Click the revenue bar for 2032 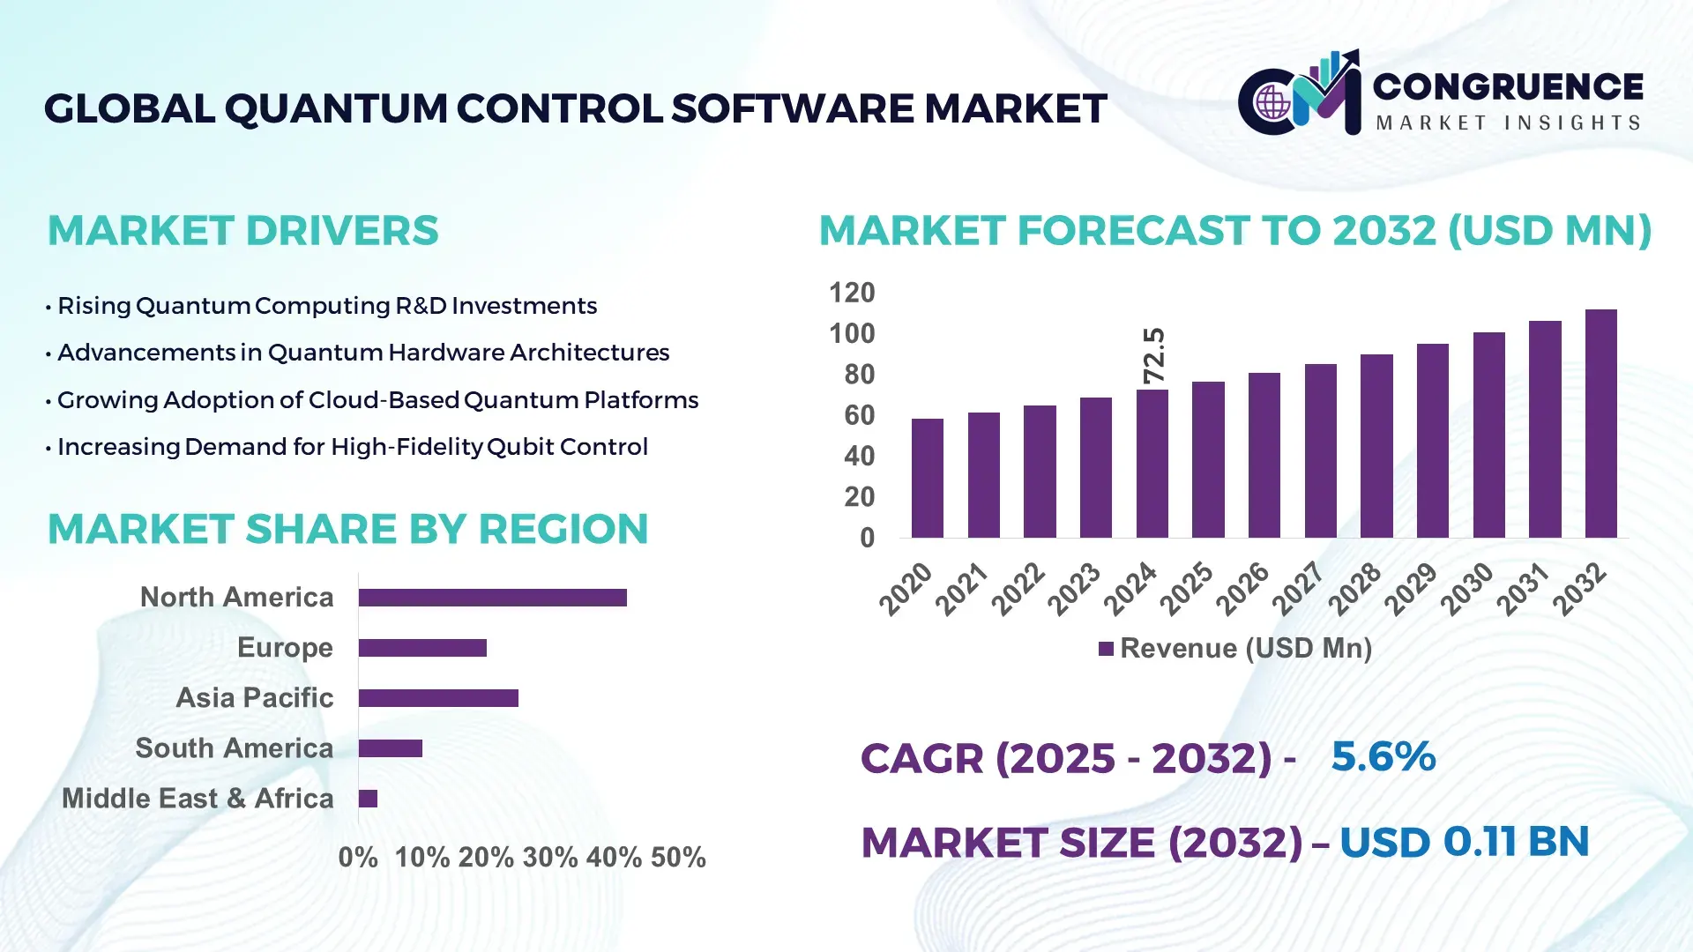click(x=1600, y=423)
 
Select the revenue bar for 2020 click(x=927, y=478)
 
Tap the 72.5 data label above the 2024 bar click(x=1153, y=355)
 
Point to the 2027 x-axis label click(x=1299, y=588)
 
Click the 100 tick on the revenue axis click(x=852, y=334)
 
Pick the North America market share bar click(x=492, y=598)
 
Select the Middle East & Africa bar click(x=368, y=799)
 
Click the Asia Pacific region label click(x=255, y=698)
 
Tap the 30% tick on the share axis click(x=550, y=858)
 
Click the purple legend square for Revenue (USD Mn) click(x=1106, y=650)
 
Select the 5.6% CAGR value click(x=1383, y=756)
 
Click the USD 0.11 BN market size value click(x=1464, y=842)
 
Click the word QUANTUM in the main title click(x=336, y=109)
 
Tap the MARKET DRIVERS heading click(x=242, y=231)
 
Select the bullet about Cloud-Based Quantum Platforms click(x=377, y=400)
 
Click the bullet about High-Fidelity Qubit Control click(x=352, y=447)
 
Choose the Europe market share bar click(x=422, y=648)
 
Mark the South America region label click(x=235, y=748)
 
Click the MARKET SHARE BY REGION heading click(x=347, y=530)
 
